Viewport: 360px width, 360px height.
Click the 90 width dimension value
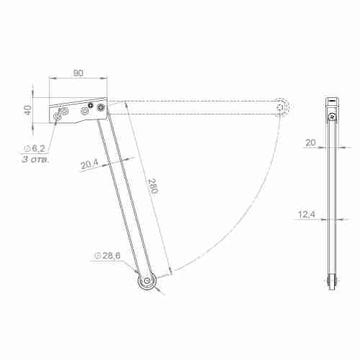coord(78,73)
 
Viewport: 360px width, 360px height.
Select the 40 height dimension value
coord(28,110)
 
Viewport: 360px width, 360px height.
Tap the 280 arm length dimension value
coord(153,186)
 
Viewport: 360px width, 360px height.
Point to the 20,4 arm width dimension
coord(89,164)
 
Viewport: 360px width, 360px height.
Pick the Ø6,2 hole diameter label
coord(35,148)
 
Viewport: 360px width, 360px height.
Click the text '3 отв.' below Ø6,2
coord(35,159)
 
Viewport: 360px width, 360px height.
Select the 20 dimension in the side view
coord(310,143)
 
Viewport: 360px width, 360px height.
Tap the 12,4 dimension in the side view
coord(307,214)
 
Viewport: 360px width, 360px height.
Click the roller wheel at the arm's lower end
coord(147,281)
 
